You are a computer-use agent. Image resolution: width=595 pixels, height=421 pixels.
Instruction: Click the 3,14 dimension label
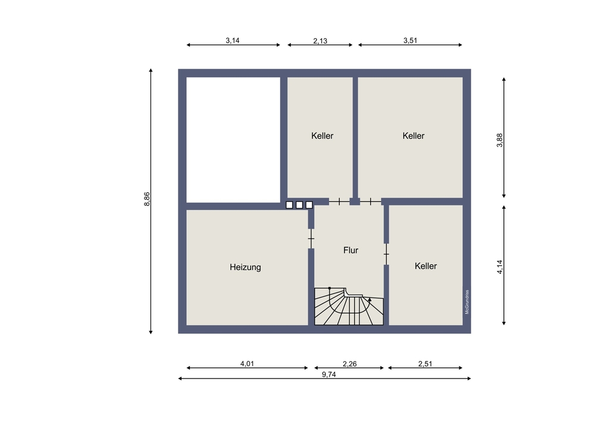click(x=233, y=40)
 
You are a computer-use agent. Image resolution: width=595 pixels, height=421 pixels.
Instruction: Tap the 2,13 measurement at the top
click(x=320, y=40)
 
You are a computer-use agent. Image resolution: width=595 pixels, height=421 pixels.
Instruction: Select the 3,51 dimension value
click(x=410, y=40)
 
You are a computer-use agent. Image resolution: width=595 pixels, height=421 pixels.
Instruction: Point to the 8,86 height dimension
click(x=147, y=199)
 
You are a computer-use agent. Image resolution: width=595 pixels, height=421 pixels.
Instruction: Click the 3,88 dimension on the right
click(x=500, y=140)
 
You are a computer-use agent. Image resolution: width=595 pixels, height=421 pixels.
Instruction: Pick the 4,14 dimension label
click(x=500, y=267)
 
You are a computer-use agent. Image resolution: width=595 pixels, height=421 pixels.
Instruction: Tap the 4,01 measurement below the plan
click(x=247, y=364)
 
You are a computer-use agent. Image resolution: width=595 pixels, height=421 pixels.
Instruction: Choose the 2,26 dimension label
click(x=349, y=364)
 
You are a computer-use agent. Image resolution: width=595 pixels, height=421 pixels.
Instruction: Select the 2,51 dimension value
click(x=425, y=364)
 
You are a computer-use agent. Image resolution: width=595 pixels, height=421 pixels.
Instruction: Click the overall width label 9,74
click(x=329, y=375)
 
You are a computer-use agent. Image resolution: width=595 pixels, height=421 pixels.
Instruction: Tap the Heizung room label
click(x=245, y=267)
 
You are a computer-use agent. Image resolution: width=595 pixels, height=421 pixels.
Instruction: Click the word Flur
click(x=350, y=250)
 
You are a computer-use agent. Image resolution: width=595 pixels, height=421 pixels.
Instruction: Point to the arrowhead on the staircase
click(x=369, y=300)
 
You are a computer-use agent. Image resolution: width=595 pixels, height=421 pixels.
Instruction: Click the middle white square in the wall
click(x=299, y=205)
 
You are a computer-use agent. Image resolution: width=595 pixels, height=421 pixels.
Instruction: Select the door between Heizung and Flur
click(x=311, y=239)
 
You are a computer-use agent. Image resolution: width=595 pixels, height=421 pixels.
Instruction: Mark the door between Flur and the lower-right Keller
click(x=386, y=254)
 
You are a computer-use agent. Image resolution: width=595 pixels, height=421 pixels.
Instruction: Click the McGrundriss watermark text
click(x=467, y=302)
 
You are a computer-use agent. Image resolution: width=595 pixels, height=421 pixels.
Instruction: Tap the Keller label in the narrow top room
click(x=322, y=136)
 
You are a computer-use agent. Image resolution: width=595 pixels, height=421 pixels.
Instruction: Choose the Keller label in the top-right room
click(x=414, y=136)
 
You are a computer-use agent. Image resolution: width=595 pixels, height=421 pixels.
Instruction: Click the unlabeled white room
click(x=233, y=140)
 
